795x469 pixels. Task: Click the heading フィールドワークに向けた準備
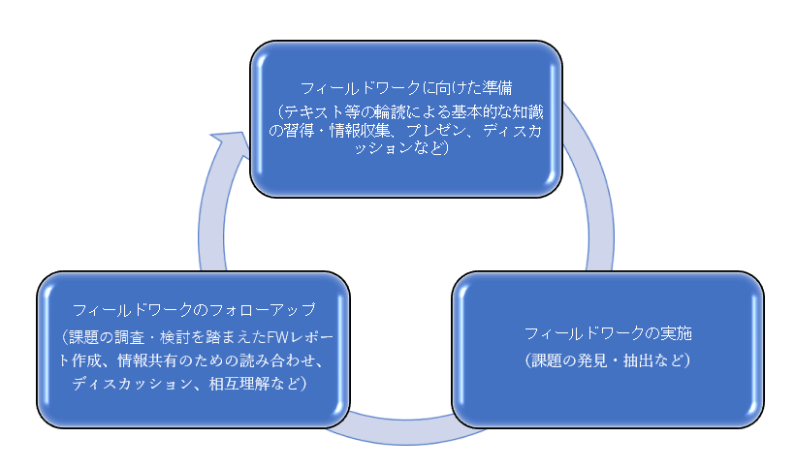tap(406, 88)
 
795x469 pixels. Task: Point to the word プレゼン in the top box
tap(436, 131)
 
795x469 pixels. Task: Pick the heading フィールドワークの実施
tap(608, 333)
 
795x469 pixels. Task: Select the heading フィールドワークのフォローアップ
tap(194, 309)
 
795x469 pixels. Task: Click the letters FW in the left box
tap(276, 337)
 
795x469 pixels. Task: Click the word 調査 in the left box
tap(130, 337)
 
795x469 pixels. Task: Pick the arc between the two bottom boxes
tap(405, 433)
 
